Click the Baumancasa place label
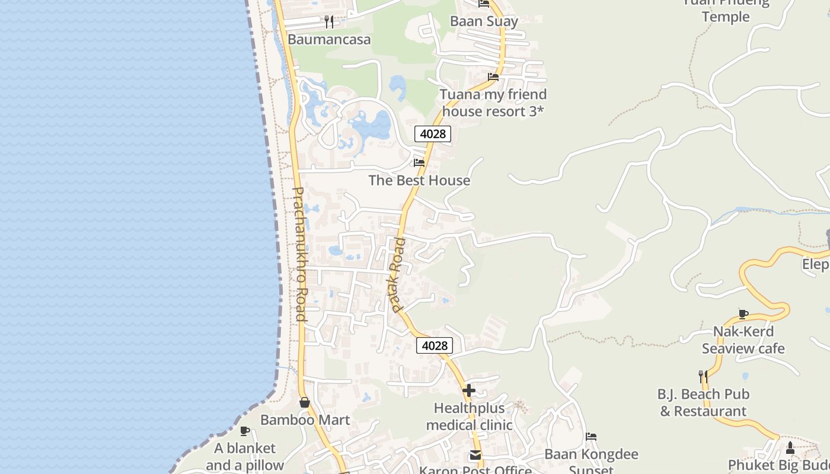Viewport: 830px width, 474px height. pyautogui.click(x=329, y=40)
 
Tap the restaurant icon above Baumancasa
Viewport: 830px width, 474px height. pyautogui.click(x=329, y=22)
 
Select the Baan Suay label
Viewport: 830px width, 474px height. pyautogui.click(x=484, y=21)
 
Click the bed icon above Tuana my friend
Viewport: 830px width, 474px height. pyautogui.click(x=493, y=76)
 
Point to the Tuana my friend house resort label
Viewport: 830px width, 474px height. pyautogui.click(x=493, y=103)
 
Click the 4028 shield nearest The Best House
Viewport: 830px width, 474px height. pyautogui.click(x=433, y=134)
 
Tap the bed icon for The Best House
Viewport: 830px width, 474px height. pyautogui.click(x=419, y=162)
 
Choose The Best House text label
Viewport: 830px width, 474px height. pyautogui.click(x=419, y=180)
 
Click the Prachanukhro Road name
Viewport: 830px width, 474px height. pyautogui.click(x=300, y=254)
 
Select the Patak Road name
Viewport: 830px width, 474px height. pyautogui.click(x=398, y=275)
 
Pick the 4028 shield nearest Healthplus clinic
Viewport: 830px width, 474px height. pyautogui.click(x=435, y=345)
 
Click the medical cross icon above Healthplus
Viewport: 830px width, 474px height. pyautogui.click(x=469, y=390)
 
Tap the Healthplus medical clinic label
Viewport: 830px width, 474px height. pyautogui.click(x=469, y=417)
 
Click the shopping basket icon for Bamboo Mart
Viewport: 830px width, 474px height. pyautogui.click(x=305, y=402)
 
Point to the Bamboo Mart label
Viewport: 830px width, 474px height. pyautogui.click(x=305, y=420)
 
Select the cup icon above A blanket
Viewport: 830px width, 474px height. pyautogui.click(x=245, y=431)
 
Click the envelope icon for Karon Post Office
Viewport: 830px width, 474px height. pyautogui.click(x=475, y=455)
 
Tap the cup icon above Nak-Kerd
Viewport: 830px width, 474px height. pyautogui.click(x=743, y=314)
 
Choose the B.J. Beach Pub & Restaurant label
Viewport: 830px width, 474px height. pyautogui.click(x=703, y=402)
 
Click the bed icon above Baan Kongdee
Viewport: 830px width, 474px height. pyautogui.click(x=591, y=437)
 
